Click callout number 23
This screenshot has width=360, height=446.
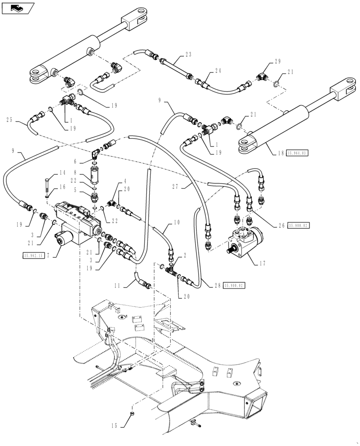188,54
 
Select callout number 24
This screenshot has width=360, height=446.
218,70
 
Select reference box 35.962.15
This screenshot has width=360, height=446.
33,256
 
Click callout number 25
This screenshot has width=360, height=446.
10,120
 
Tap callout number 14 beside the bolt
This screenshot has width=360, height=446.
62,173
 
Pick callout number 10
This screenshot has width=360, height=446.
177,222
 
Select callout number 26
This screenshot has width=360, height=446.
281,225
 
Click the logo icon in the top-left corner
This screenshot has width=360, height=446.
18,8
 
